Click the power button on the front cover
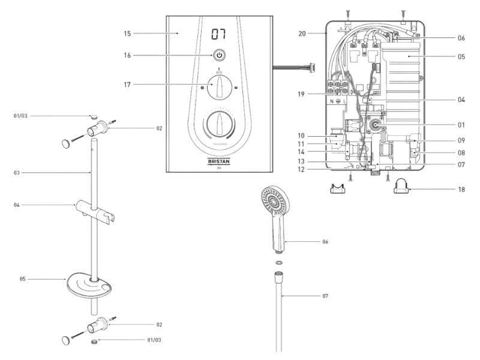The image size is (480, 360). [219, 56]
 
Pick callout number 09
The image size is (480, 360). [460, 140]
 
